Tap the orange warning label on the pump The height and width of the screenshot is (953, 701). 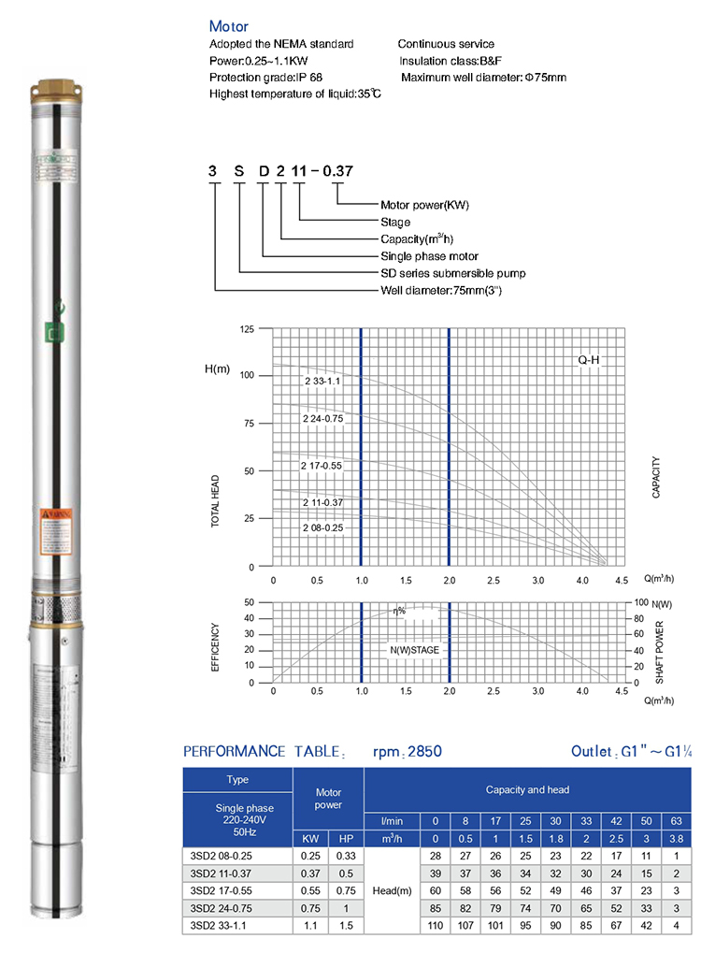(50, 515)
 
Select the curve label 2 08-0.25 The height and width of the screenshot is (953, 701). (323, 528)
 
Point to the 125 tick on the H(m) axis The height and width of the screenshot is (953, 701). (247, 330)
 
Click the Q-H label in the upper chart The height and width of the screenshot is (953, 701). (588, 359)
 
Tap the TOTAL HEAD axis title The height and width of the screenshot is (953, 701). (216, 503)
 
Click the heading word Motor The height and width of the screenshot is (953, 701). (229, 27)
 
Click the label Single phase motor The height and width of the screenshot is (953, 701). (429, 256)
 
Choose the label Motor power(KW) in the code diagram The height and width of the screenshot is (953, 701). (424, 205)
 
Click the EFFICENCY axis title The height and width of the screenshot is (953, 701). (216, 647)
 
